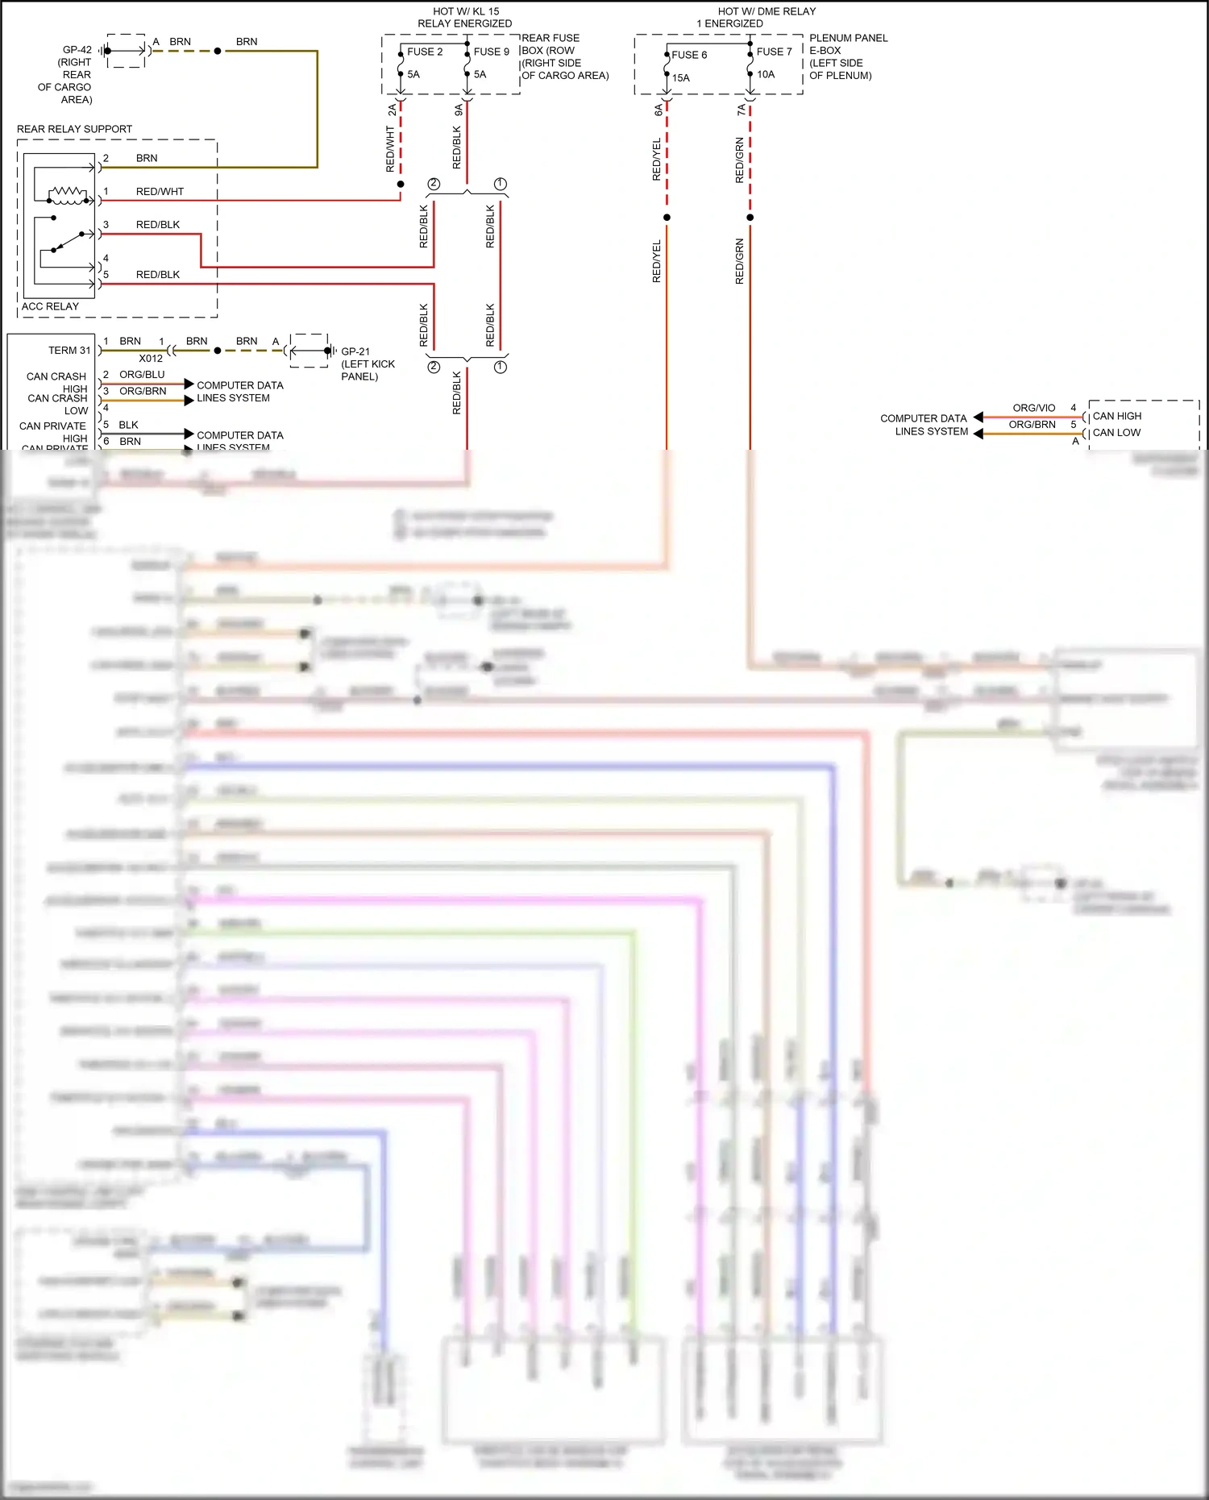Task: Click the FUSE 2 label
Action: [425, 52]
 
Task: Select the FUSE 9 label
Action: [491, 52]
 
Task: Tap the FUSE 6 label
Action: [689, 55]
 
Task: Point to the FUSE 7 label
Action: [774, 52]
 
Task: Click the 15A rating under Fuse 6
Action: [681, 78]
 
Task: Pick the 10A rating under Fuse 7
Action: [766, 74]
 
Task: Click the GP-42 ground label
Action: [77, 50]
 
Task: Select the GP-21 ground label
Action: [355, 351]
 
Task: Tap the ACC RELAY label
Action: [50, 306]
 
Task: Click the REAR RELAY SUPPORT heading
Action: [74, 129]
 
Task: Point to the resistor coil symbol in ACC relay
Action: [68, 193]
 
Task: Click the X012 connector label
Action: [151, 359]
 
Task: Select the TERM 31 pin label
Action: [69, 351]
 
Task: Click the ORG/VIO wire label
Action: [1033, 408]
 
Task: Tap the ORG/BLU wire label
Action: [142, 375]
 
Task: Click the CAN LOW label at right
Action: [1116, 433]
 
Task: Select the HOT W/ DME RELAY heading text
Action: [767, 12]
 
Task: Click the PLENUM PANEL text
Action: [848, 38]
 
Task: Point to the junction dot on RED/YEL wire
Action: [667, 218]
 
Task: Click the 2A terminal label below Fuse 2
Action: [393, 110]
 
